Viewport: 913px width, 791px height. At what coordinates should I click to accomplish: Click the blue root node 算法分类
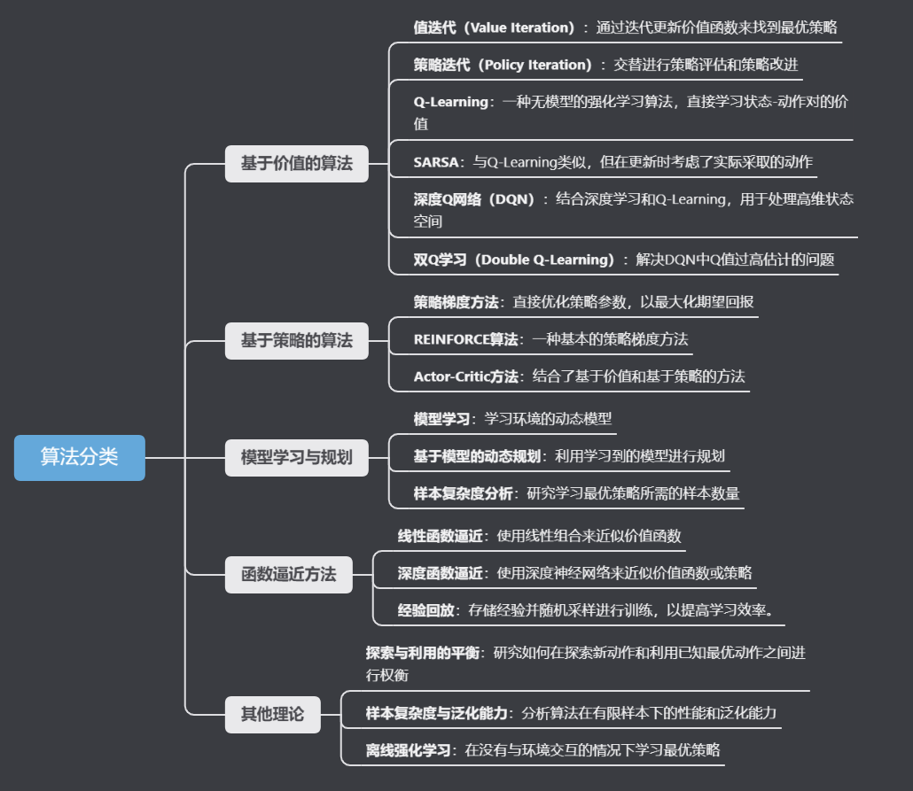tap(79, 457)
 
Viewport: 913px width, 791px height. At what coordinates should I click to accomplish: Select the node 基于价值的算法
tap(296, 164)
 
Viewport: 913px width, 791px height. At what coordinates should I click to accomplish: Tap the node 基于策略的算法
tap(296, 340)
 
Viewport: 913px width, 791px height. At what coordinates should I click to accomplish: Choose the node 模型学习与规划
tap(296, 457)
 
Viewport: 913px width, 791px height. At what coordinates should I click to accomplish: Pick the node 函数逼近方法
tap(288, 574)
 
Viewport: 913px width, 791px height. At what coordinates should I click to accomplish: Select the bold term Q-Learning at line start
tap(450, 102)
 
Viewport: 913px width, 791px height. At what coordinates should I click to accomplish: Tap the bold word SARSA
tap(435, 162)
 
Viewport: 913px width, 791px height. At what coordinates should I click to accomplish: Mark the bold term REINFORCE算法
tap(465, 339)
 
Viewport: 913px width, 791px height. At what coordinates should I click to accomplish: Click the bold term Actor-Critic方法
tap(465, 376)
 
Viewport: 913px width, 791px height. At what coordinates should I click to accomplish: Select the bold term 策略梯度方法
tap(456, 302)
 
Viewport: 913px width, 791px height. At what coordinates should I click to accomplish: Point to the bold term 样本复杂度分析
tap(463, 493)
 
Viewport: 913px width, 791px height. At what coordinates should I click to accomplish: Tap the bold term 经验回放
tap(425, 610)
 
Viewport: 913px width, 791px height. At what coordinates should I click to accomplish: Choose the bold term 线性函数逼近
tap(440, 536)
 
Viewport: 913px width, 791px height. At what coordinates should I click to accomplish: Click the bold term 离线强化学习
tap(408, 750)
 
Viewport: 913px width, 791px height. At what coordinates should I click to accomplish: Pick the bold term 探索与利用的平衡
tap(423, 653)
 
